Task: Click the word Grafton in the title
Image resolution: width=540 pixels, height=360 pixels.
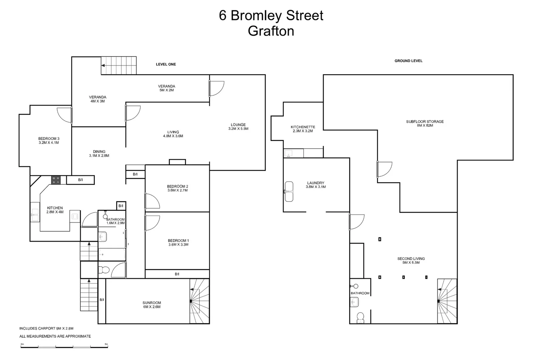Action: click(271, 31)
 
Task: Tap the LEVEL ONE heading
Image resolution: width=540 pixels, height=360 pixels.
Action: click(166, 64)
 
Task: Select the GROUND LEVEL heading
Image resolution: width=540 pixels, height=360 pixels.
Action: click(408, 61)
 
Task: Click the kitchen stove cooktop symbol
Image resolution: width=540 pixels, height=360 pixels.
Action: click(56, 180)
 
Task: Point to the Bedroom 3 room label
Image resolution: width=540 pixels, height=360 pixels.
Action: click(49, 139)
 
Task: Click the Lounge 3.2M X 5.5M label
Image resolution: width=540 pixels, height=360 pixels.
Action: click(238, 127)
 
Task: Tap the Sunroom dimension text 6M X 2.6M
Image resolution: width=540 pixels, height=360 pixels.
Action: click(152, 307)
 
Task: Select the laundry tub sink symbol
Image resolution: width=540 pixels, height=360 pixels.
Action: click(289, 191)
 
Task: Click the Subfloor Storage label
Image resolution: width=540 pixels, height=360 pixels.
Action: click(425, 122)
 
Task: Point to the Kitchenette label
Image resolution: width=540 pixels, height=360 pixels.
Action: click(303, 127)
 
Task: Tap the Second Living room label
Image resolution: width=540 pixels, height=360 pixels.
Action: click(411, 259)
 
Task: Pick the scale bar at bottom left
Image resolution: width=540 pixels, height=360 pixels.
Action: click(64, 347)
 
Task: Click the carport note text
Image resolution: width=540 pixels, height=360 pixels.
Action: click(46, 328)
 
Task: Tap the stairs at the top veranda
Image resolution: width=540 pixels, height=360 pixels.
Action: click(119, 66)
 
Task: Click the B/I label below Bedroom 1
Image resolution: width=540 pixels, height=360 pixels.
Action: click(177, 274)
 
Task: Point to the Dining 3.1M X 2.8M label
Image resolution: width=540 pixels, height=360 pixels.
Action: click(99, 154)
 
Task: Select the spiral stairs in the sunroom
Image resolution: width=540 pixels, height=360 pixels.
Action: click(199, 301)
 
